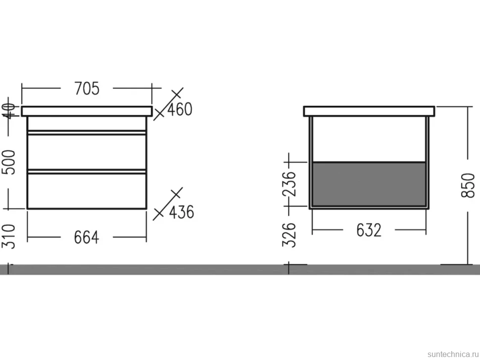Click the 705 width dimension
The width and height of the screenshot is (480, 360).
[87, 89]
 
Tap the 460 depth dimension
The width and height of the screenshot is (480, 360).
[180, 109]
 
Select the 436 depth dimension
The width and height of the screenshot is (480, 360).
[182, 212]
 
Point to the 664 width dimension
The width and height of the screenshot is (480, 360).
[87, 238]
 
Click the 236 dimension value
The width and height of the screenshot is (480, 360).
[289, 184]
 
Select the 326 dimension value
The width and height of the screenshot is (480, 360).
[289, 234]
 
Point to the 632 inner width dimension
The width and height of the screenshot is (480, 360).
[369, 230]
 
